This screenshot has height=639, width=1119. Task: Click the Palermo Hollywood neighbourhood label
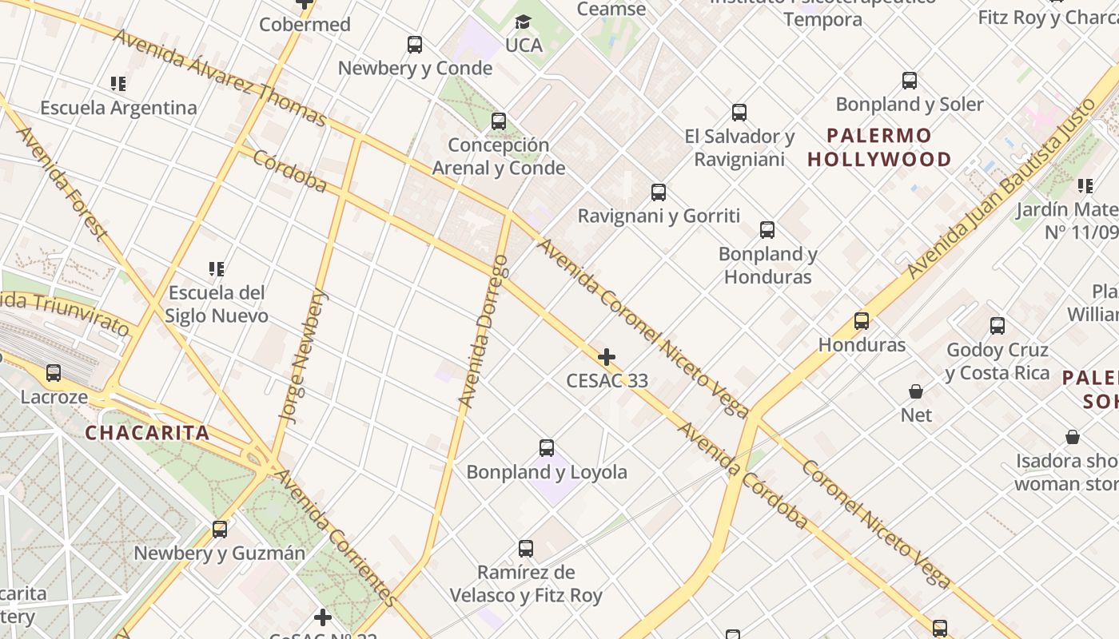pos(879,147)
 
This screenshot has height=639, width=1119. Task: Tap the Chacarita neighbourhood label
pos(147,434)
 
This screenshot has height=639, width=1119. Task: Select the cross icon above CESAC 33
pos(607,356)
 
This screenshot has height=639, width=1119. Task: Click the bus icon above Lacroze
pos(54,372)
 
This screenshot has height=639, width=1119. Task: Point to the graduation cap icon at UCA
pos(523,22)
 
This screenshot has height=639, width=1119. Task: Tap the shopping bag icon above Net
pos(916,391)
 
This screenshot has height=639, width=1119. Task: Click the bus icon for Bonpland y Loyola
pos(547,448)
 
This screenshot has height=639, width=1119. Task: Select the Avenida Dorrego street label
pos(484,331)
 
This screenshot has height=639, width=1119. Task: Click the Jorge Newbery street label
pos(303,355)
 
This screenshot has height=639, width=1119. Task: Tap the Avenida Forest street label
pos(61,183)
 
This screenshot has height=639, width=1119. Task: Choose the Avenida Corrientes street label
pos(336,537)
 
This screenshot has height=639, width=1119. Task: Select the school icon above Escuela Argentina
pos(118,84)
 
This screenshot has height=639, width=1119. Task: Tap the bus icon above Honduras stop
pos(862,321)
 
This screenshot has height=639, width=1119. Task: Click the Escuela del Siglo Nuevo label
pos(216,304)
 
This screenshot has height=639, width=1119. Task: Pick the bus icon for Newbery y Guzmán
pos(220,529)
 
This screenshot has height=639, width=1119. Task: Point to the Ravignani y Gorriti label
pos(659,216)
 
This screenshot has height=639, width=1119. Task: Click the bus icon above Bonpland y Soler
pos(910,81)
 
